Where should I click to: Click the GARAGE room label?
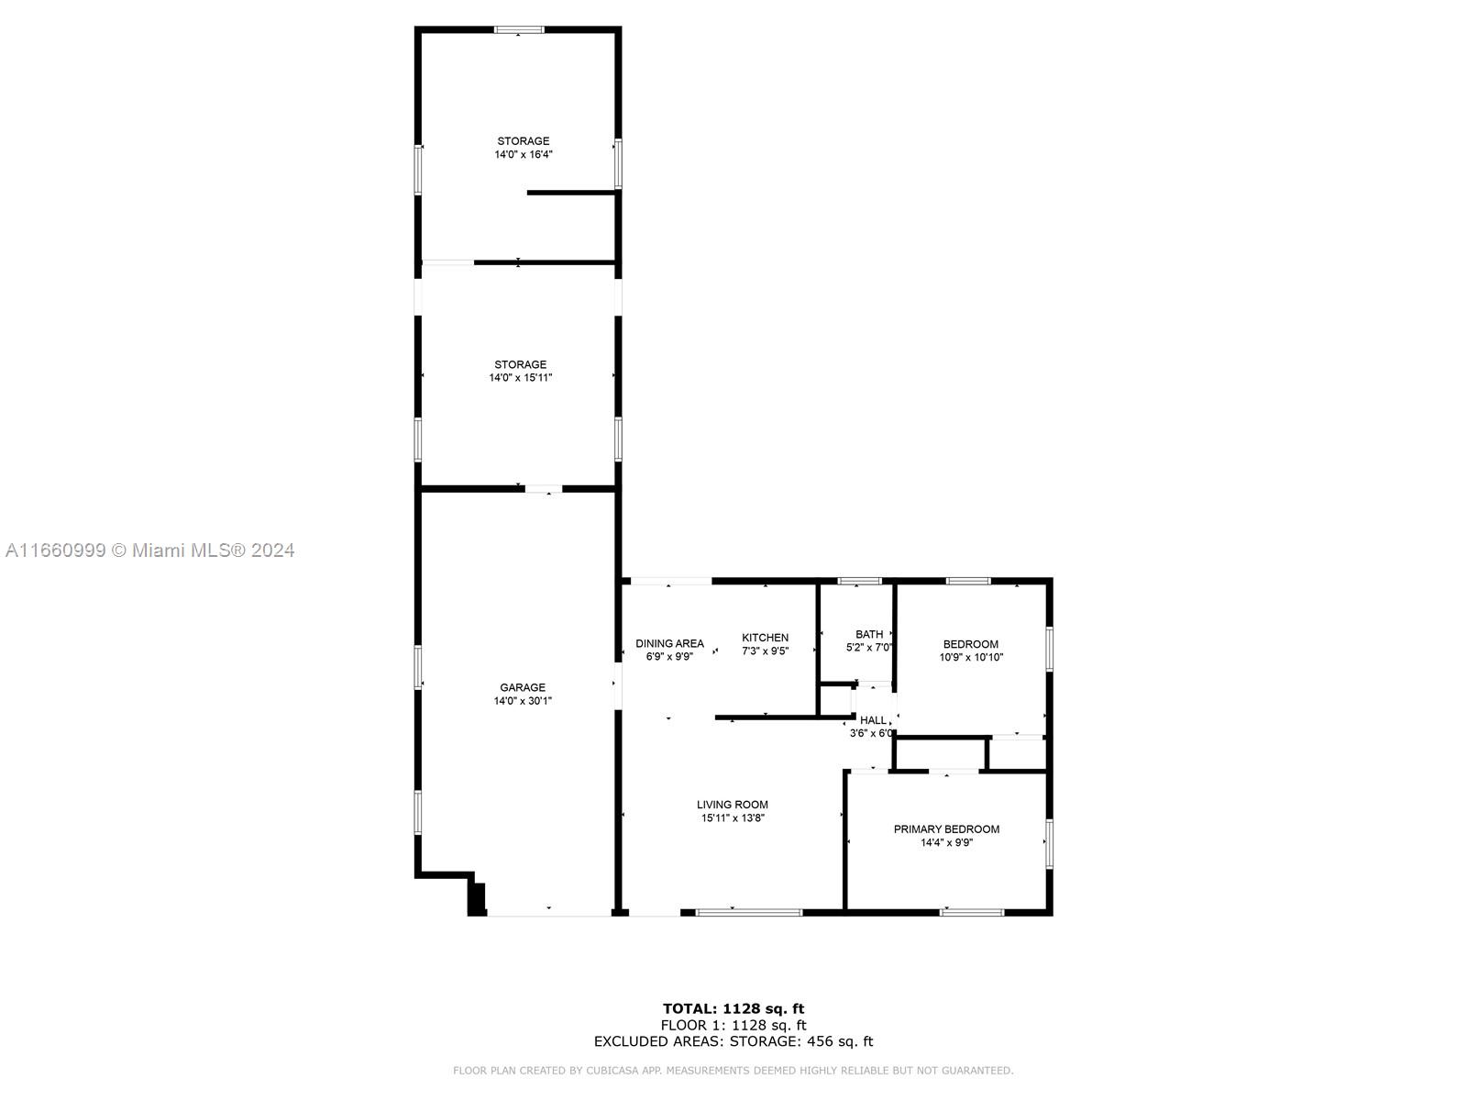click(522, 687)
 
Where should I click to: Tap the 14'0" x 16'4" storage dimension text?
click(524, 154)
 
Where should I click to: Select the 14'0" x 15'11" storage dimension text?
click(521, 378)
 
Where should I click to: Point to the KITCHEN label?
click(766, 638)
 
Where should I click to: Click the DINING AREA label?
click(669, 644)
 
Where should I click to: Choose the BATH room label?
click(869, 634)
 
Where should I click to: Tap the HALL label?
click(873, 720)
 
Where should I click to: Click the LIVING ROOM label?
click(733, 805)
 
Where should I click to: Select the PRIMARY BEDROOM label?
click(946, 829)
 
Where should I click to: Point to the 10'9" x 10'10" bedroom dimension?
click(971, 657)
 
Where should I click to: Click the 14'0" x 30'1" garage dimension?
click(523, 701)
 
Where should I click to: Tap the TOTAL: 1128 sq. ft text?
click(733, 1008)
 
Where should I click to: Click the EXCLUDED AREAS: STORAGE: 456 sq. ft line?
click(733, 1040)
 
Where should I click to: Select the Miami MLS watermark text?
click(149, 550)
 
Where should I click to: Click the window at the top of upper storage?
click(519, 29)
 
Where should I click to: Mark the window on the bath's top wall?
click(859, 581)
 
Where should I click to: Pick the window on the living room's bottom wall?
click(748, 913)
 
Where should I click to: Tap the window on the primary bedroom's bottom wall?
click(972, 913)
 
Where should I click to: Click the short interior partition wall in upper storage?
click(571, 193)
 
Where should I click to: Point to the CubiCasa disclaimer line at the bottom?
click(733, 1070)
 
